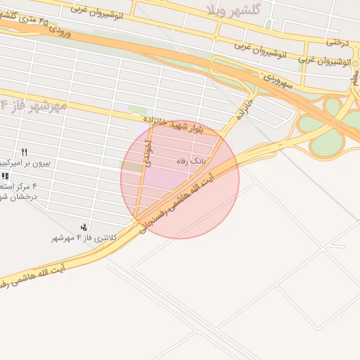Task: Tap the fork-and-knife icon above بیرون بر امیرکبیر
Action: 25,152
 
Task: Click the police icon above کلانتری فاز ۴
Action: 84,226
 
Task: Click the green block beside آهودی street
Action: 131,167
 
